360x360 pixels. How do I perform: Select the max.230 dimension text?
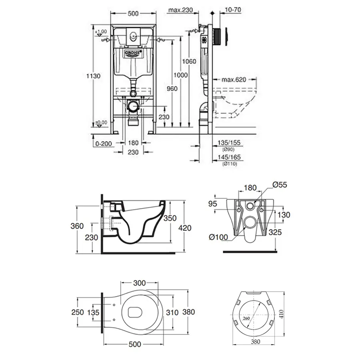tap(180, 9)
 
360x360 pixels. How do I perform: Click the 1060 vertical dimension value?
tap(189, 61)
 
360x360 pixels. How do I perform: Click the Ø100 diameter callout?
tap(218, 237)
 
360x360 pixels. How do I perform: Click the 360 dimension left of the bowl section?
tap(78, 226)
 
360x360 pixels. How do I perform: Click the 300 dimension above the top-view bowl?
tap(139, 282)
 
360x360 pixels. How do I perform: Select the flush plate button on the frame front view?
tap(133, 36)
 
